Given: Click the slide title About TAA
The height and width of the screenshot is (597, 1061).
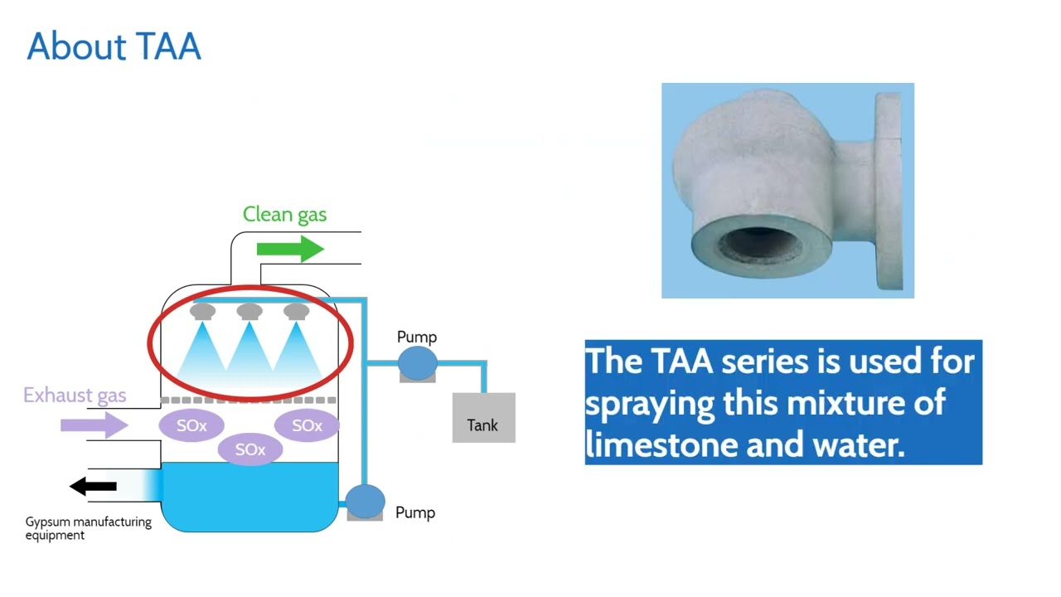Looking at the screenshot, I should point(114,47).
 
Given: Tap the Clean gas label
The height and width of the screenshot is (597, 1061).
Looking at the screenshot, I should point(284,215).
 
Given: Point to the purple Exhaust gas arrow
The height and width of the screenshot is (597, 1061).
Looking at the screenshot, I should point(94,425).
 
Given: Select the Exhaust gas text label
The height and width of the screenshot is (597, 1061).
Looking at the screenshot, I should point(75,395).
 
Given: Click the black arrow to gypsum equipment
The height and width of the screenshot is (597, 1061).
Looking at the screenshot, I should point(93,487).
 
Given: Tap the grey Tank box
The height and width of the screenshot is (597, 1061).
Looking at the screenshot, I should point(483,418).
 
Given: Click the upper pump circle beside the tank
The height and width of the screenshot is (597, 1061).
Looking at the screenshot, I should point(417,362).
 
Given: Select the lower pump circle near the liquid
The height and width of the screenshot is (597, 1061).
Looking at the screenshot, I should point(365,501).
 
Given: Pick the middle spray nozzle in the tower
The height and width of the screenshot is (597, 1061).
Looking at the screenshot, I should point(250,312).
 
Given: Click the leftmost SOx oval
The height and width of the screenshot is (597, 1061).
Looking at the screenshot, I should point(191,426).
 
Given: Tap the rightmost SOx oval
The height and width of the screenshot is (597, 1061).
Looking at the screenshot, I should point(307,425).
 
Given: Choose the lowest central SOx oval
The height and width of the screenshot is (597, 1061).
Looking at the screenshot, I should point(250,449).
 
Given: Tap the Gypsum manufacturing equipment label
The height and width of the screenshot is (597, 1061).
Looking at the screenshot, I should point(88,528).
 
